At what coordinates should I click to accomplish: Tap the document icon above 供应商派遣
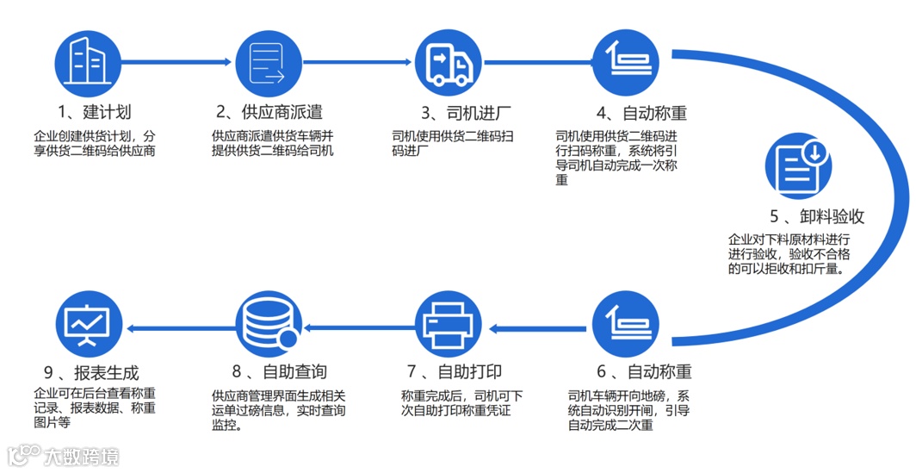268,62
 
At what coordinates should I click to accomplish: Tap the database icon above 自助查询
268,324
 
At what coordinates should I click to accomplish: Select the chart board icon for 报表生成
87,324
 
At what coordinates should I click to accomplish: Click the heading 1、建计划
94,112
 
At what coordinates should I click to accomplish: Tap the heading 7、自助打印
455,372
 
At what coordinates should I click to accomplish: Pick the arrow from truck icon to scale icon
539,62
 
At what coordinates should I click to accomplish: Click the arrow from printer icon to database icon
359,326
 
